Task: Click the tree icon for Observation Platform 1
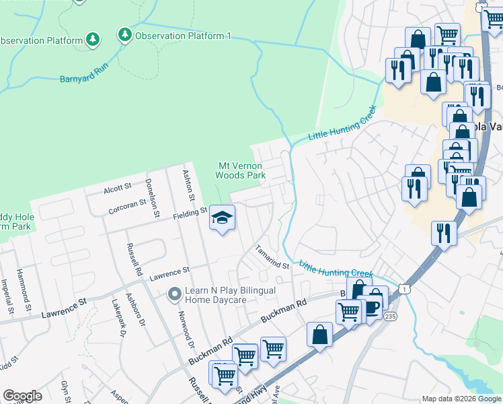point(124,34)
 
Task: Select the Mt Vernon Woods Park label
point(240,170)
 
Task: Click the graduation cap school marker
point(221,217)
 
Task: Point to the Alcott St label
point(117,189)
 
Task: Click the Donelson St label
point(152,197)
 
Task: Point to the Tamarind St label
point(271,257)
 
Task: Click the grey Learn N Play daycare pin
point(174,294)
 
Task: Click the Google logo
point(22,396)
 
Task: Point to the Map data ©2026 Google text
point(461,399)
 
